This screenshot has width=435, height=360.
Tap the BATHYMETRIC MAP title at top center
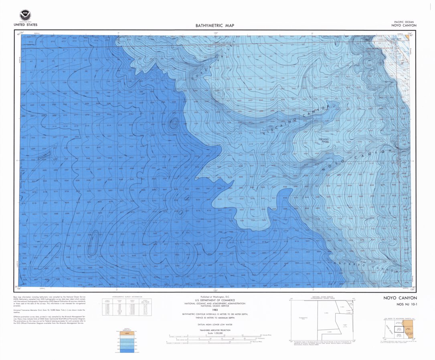tap(214, 25)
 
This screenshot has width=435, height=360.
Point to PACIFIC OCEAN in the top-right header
tap(404, 22)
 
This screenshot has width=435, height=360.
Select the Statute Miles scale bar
tap(215, 336)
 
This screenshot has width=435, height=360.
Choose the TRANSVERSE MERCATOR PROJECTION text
tap(215, 330)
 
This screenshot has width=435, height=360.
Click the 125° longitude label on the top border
tap(215, 33)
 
